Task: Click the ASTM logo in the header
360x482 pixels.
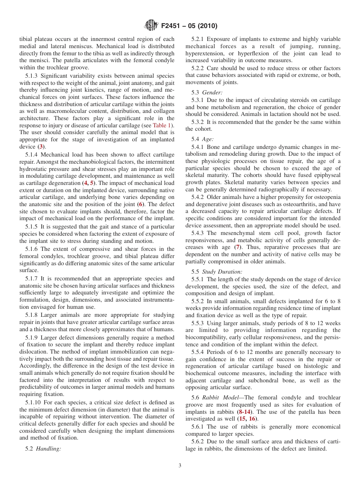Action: click(x=151, y=26)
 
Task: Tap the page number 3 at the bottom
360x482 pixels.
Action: click(x=180, y=466)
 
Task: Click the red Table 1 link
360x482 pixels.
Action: click(x=163, y=125)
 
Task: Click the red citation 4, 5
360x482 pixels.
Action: click(x=89, y=183)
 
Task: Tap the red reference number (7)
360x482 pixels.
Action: click(x=238, y=247)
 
